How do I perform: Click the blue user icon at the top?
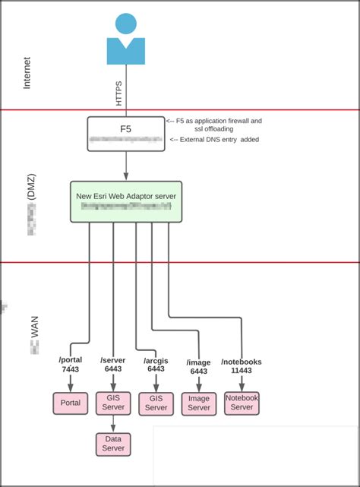(125, 40)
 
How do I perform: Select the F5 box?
(125, 134)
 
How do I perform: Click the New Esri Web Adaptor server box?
(125, 201)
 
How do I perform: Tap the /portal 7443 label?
(71, 365)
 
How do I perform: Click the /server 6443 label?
(113, 365)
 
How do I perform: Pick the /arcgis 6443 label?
(156, 365)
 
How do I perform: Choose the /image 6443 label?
(198, 367)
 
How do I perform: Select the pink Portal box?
(71, 403)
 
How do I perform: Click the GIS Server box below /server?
(113, 403)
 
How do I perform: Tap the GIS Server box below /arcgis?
(156, 403)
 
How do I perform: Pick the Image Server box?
(199, 403)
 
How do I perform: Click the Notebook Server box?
(242, 403)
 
